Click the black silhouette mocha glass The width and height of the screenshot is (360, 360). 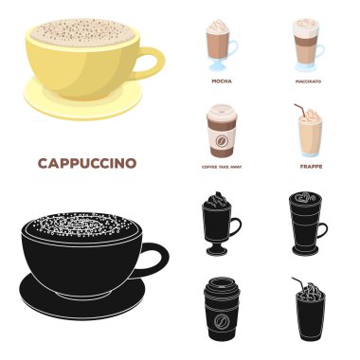(x=217, y=227)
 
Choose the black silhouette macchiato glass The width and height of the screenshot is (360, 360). (x=305, y=227)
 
